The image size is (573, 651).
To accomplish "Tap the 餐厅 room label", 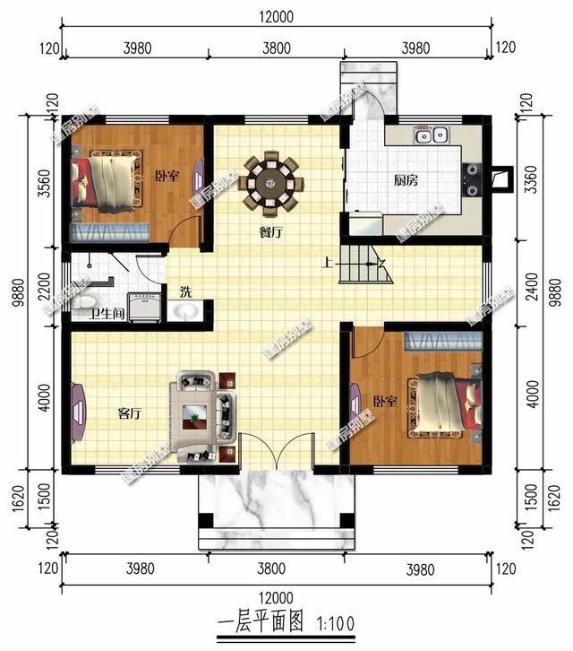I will pos(271,231).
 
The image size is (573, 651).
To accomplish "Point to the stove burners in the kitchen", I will pos(471,177).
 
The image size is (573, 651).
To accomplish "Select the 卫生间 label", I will pos(107,315).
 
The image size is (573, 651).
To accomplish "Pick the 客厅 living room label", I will pos(130,414).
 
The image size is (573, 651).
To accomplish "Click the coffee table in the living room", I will pos(197,414).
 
